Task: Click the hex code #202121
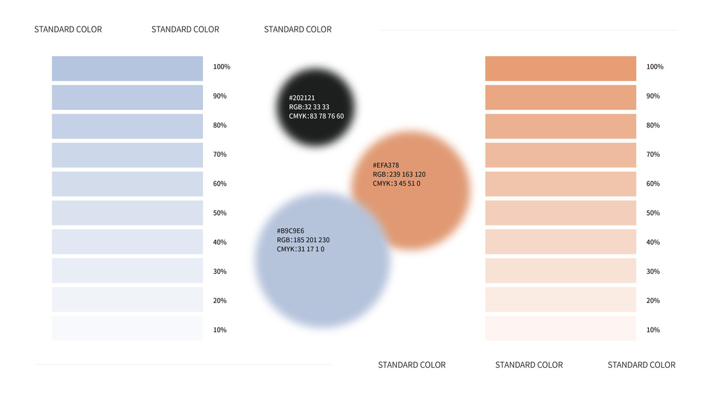[302, 98]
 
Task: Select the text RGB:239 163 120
[399, 175]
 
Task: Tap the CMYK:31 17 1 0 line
[300, 249]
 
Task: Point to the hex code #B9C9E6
[290, 231]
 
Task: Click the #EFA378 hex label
[386, 165]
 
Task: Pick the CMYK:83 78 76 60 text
[316, 116]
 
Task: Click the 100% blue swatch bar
[127, 69]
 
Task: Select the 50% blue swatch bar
[127, 213]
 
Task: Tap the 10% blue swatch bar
[127, 328]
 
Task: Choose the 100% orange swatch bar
[560, 69]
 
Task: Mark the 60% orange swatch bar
[560, 184]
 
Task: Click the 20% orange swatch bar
[560, 300]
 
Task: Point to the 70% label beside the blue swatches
[220, 155]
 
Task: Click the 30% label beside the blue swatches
[220, 271]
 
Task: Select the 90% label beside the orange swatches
[653, 97]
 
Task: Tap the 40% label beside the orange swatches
[653, 242]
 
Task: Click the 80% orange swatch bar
[560, 126]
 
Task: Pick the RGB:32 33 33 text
[309, 107]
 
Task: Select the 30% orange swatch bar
[560, 271]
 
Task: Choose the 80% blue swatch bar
[127, 126]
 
